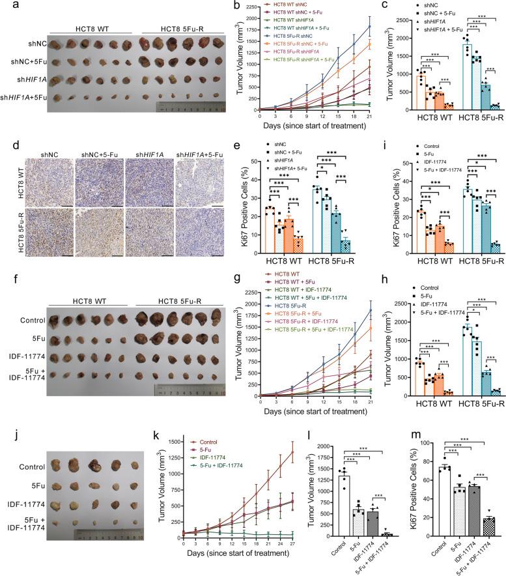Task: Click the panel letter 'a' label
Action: pyautogui.click(x=5, y=6)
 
